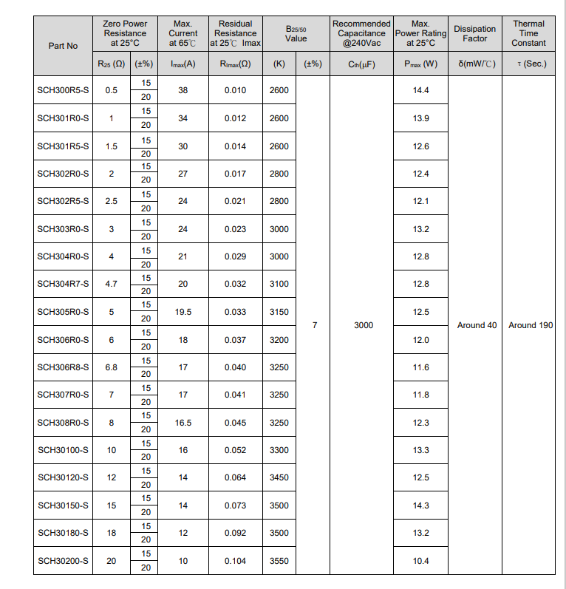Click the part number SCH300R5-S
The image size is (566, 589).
tap(63, 90)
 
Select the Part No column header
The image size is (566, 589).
tap(63, 46)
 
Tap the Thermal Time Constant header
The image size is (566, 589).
tap(528, 33)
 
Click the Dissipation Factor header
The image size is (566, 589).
tap(475, 33)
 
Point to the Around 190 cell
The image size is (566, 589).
tap(531, 325)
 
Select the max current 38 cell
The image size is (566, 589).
tap(183, 90)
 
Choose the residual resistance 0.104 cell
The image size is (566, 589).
tap(235, 561)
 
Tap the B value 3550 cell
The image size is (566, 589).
tap(279, 561)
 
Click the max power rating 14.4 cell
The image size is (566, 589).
tap(421, 90)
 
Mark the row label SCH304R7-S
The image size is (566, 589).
tap(63, 284)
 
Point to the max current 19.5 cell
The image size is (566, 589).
tap(183, 312)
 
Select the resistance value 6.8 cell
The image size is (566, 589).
tap(112, 367)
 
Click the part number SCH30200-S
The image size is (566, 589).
tap(63, 561)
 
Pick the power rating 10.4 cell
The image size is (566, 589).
tap(421, 561)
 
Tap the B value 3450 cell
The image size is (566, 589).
tap(279, 477)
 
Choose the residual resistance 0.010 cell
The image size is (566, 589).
tap(235, 90)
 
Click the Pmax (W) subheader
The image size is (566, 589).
tap(421, 64)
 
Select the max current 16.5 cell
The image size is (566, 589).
tap(183, 423)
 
